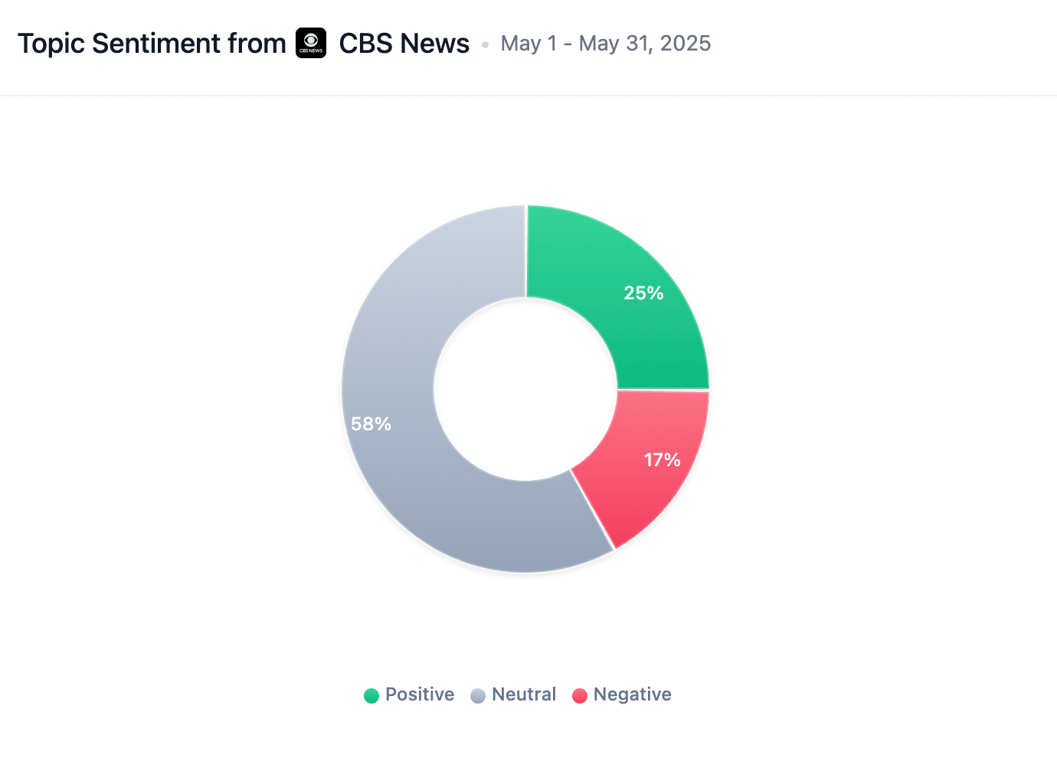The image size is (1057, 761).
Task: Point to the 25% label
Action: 643,293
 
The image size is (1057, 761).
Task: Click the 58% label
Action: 371,424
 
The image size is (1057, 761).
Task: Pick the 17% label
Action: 662,460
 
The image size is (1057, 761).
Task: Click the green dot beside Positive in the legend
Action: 371,695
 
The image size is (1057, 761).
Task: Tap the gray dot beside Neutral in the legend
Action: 478,695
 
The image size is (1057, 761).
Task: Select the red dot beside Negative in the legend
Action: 580,695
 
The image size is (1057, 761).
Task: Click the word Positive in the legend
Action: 420,694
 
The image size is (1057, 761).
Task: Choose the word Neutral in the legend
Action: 524,694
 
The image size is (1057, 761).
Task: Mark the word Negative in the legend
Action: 633,694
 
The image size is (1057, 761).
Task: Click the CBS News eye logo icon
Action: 311,43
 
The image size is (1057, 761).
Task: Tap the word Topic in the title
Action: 51,44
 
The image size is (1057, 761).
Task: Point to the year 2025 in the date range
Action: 686,44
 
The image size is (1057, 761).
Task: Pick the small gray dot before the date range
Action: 485,45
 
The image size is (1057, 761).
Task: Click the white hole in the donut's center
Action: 525,389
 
